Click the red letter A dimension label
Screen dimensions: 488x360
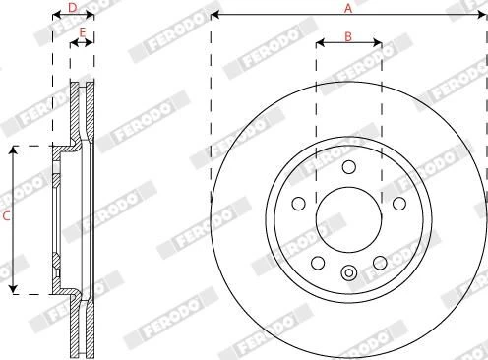(348, 8)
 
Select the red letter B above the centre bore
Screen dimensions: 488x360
(348, 36)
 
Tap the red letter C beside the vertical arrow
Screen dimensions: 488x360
(6, 216)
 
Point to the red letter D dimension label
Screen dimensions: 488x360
(73, 7)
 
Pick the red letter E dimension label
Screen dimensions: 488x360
(83, 32)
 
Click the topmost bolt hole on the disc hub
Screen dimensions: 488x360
(349, 167)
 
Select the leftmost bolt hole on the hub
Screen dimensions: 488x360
(298, 204)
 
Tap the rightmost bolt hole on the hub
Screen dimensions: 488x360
(399, 204)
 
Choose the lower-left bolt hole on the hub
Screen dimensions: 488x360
(318, 263)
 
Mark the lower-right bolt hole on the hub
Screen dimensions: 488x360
(380, 263)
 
